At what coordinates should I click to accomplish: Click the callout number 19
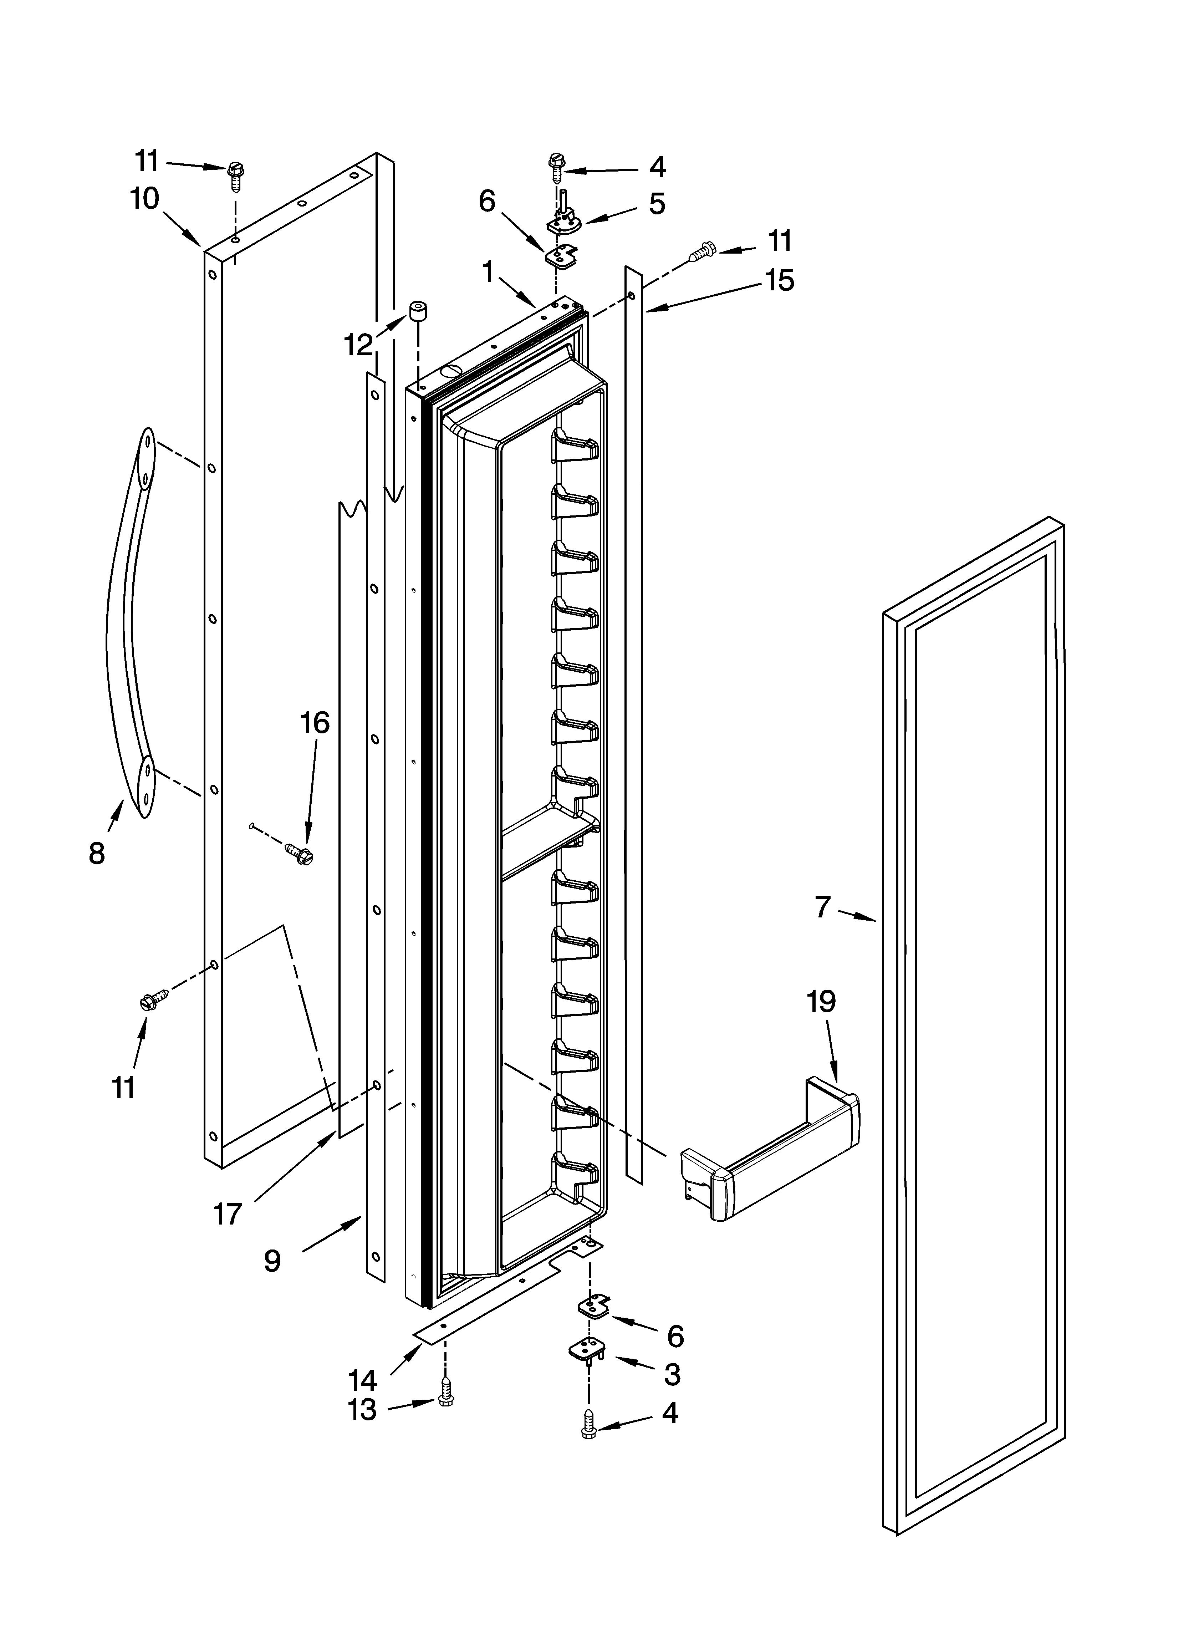coord(821,1002)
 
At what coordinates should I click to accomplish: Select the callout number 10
coord(145,198)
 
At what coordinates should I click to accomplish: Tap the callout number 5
coord(657,204)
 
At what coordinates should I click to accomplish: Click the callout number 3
coord(672,1374)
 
